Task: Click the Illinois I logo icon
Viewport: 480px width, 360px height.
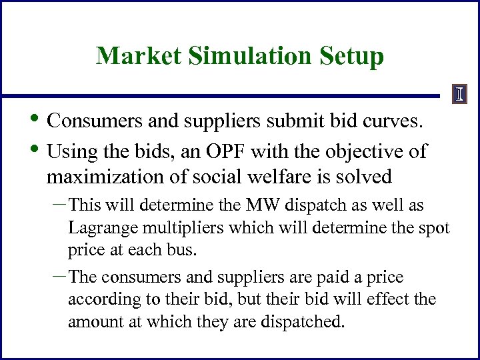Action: tap(459, 94)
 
